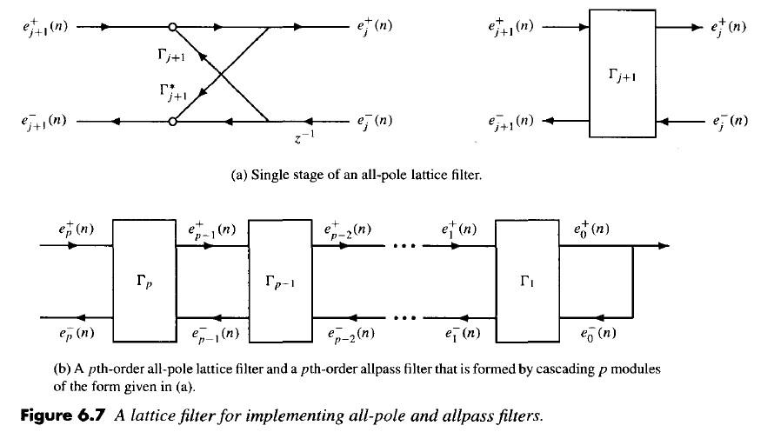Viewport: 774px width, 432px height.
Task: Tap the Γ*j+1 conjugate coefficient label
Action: click(171, 91)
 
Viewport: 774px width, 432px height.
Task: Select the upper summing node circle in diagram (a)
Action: click(173, 27)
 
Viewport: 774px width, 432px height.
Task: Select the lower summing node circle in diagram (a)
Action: click(173, 122)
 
